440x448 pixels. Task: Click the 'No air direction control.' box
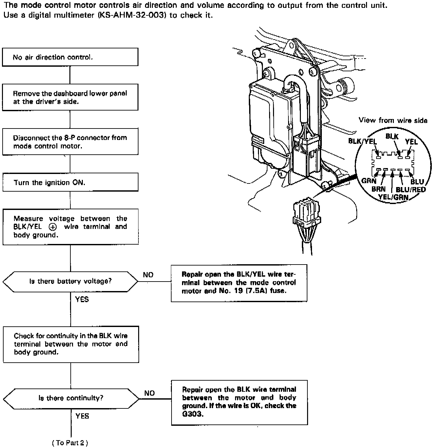(70, 57)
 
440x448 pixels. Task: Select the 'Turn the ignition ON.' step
(70, 182)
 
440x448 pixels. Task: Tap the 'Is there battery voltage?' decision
(70, 281)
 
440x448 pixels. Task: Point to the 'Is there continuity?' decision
(71, 398)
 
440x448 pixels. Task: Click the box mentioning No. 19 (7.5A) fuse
(239, 283)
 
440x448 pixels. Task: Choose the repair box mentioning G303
(239, 402)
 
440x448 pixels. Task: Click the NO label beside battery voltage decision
(148, 275)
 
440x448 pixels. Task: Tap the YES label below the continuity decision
(82, 416)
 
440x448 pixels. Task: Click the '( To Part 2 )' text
(70, 443)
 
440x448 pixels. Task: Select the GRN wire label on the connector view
(369, 181)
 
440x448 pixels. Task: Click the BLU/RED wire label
(411, 190)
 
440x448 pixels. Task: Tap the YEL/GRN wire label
(393, 197)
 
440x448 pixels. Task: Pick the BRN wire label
(378, 189)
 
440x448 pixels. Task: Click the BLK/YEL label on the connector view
(362, 141)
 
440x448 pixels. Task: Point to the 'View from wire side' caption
(393, 120)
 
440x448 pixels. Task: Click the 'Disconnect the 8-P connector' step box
(70, 142)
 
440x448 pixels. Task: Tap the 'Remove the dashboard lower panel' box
(70, 97)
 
